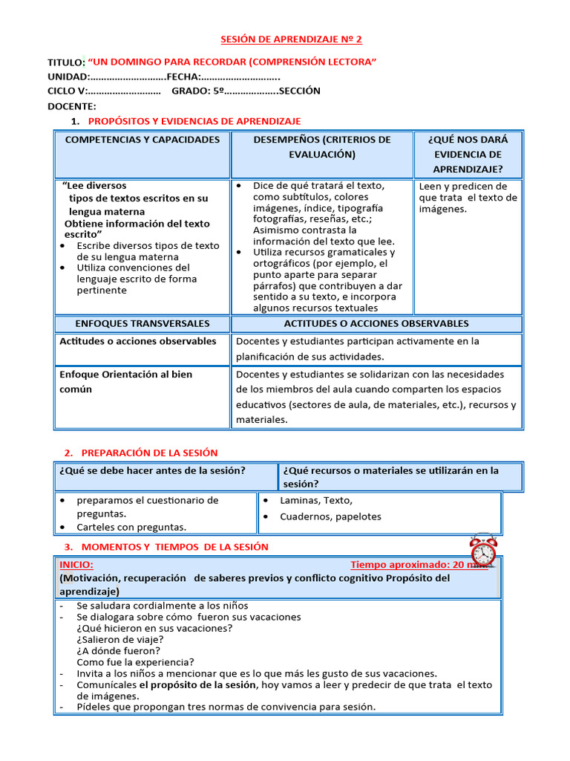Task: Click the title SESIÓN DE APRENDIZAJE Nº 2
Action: [x=292, y=39]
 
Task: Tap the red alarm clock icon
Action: [x=483, y=551]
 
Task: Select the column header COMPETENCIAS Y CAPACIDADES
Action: [x=142, y=140]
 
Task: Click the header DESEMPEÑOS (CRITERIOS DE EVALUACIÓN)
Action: [x=322, y=147]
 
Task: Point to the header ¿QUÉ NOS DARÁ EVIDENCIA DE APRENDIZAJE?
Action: [x=468, y=155]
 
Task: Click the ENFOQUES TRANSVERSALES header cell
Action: [x=142, y=324]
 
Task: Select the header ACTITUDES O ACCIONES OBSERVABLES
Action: [x=376, y=324]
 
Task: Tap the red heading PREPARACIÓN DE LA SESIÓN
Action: [x=149, y=453]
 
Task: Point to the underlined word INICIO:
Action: [x=76, y=565]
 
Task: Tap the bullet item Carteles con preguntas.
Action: [x=131, y=527]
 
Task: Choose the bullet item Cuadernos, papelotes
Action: [x=330, y=516]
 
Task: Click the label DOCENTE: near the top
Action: [x=72, y=106]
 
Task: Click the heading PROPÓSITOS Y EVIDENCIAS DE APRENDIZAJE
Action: [x=194, y=121]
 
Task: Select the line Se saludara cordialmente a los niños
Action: [x=162, y=606]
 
